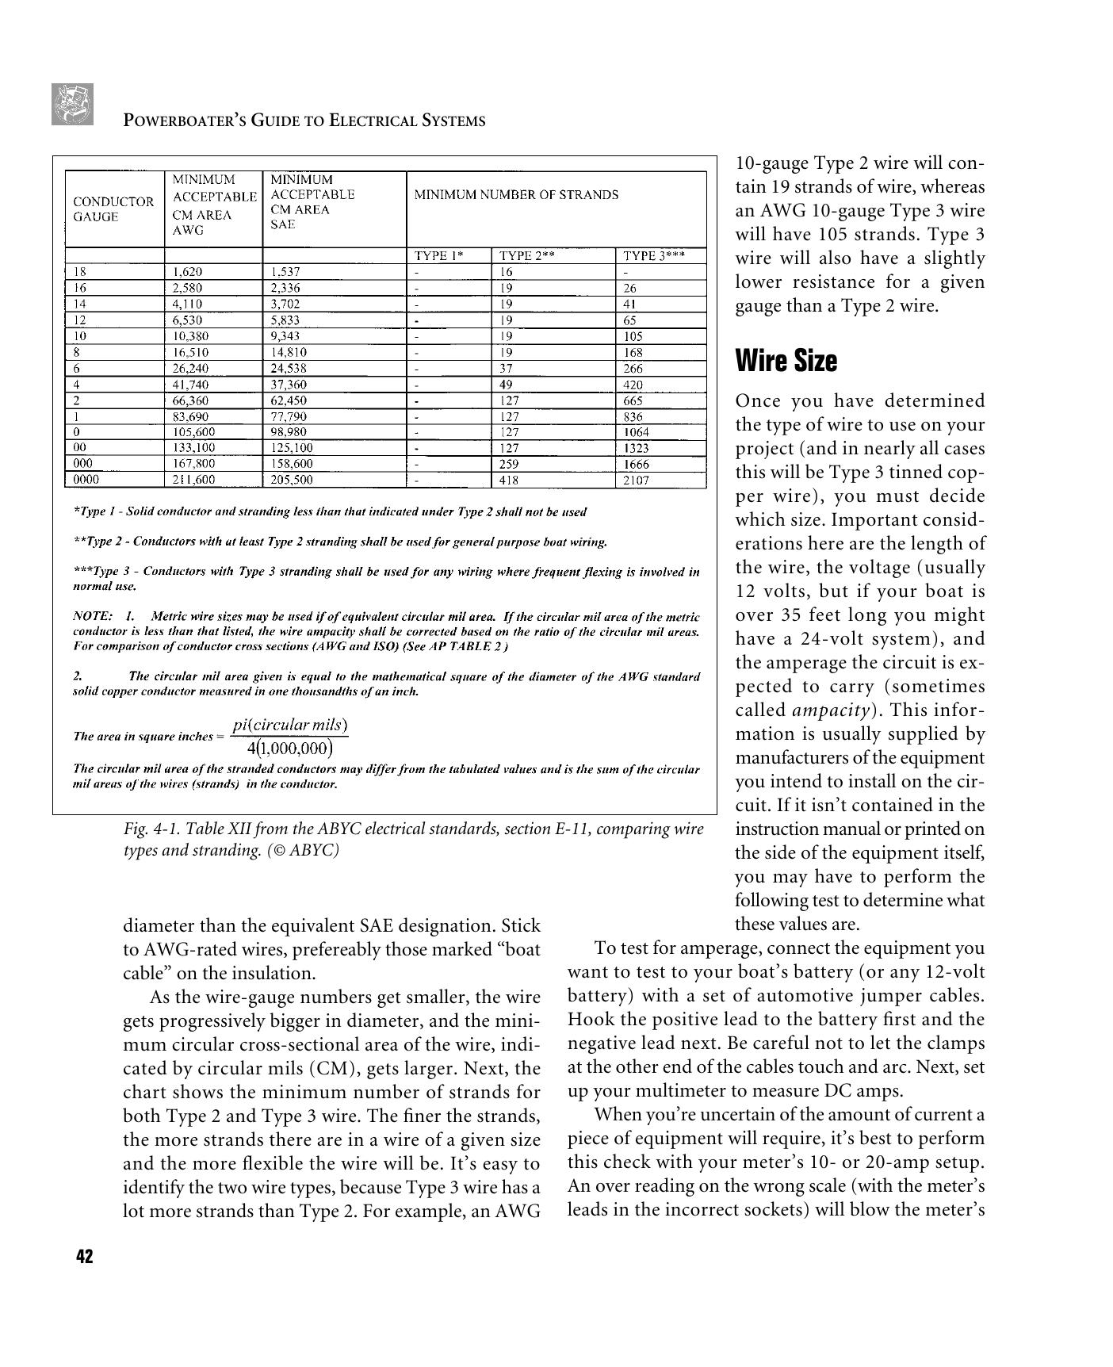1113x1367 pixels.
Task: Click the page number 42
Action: pyautogui.click(x=85, y=1257)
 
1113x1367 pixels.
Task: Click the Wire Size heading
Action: pyautogui.click(x=786, y=361)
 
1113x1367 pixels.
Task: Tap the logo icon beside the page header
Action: pyautogui.click(x=72, y=104)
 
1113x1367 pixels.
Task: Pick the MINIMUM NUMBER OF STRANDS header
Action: pyautogui.click(x=516, y=194)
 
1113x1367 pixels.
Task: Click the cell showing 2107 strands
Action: pyautogui.click(x=636, y=480)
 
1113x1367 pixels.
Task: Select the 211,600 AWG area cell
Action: pyautogui.click(x=193, y=480)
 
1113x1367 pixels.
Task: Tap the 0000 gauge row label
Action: pyautogui.click(x=86, y=479)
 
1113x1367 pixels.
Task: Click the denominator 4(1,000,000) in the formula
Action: pyautogui.click(x=289, y=749)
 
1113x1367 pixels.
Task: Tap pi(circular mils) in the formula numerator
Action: pyautogui.click(x=290, y=725)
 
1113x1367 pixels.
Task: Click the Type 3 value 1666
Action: pyautogui.click(x=636, y=464)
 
